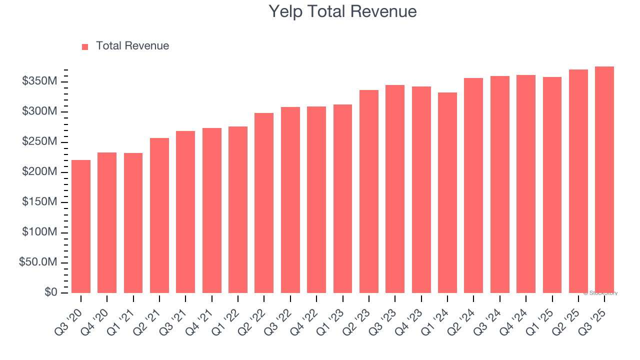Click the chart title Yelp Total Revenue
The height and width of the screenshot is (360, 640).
point(342,11)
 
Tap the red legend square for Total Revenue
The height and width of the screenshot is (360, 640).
point(85,46)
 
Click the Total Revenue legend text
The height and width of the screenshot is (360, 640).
point(132,46)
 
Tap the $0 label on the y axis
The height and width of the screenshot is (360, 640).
point(50,292)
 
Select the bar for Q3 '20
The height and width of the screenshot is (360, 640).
point(81,226)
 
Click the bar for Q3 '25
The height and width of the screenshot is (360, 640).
point(604,180)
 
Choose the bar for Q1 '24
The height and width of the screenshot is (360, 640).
point(447,192)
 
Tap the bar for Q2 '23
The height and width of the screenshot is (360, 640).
point(368,191)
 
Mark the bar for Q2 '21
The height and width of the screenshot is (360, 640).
point(159,215)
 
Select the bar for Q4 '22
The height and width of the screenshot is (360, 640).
point(316,199)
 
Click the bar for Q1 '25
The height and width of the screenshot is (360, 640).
point(552,185)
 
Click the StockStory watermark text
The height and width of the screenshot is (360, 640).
point(601,293)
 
